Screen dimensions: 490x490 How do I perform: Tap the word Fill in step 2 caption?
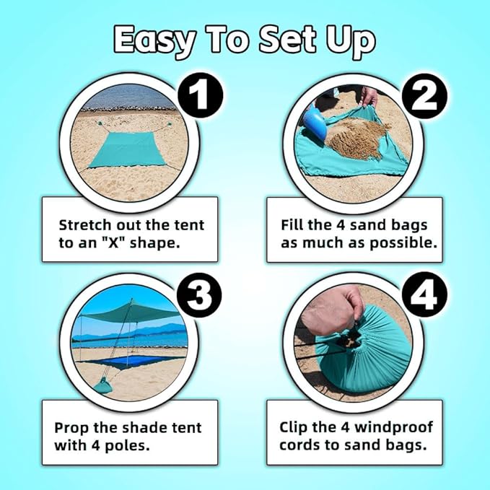coord(294,224)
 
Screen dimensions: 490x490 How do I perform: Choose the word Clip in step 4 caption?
coord(294,427)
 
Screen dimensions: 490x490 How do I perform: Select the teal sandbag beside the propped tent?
coord(103,385)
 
